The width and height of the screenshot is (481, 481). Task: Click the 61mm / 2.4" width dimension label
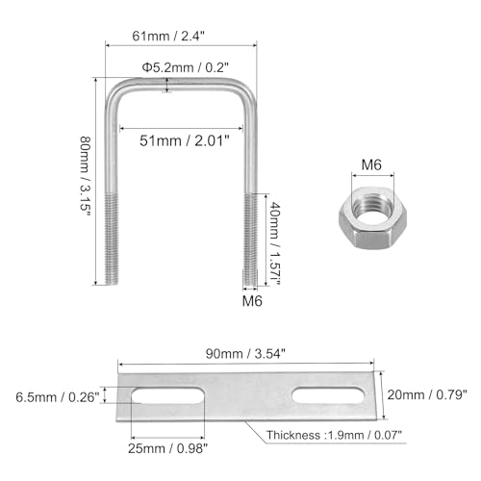point(168,36)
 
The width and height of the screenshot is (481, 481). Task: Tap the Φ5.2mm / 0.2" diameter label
point(186,67)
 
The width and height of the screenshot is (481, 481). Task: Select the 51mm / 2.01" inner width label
point(185,140)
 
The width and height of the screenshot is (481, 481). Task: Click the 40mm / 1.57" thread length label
point(275,242)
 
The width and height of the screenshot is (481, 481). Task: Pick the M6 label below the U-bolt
point(252,301)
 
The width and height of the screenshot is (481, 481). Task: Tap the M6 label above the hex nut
point(371,165)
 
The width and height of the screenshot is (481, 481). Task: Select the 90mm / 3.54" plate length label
point(245,354)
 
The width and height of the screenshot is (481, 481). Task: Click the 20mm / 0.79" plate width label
point(427,394)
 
